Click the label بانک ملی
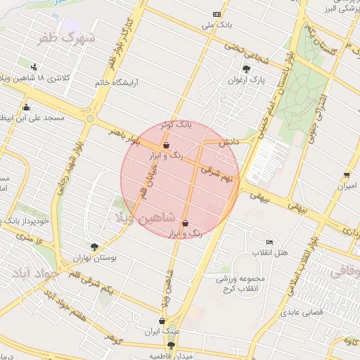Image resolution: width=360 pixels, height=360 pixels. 217,26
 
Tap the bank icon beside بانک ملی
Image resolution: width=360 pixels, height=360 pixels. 217,14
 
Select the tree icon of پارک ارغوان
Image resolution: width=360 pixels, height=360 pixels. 245,69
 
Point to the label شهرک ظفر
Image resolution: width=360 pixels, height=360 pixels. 67,37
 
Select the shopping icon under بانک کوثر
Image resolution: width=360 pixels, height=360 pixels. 166,146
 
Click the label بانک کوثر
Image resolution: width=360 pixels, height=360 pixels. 176,124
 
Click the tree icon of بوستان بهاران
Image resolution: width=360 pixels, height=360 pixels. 94,246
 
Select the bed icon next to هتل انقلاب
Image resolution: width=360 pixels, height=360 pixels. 269,241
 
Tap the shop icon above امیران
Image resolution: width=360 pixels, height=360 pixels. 346,175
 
